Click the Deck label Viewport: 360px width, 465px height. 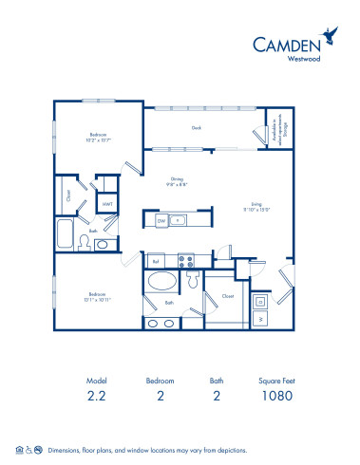click(197, 127)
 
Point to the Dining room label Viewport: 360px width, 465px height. click(176, 181)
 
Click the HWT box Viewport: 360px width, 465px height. click(107, 202)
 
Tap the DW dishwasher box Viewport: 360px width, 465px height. click(162, 220)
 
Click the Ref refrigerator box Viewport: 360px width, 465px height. click(156, 261)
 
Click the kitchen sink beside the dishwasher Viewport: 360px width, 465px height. click(180, 220)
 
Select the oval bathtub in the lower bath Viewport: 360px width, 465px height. click(162, 282)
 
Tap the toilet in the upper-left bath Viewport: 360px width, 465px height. click(84, 244)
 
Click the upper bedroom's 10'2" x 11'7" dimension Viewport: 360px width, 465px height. click(99, 140)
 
